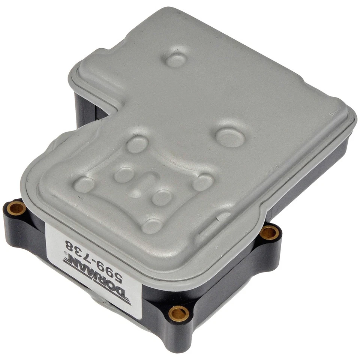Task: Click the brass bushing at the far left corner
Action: click(16, 207)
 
